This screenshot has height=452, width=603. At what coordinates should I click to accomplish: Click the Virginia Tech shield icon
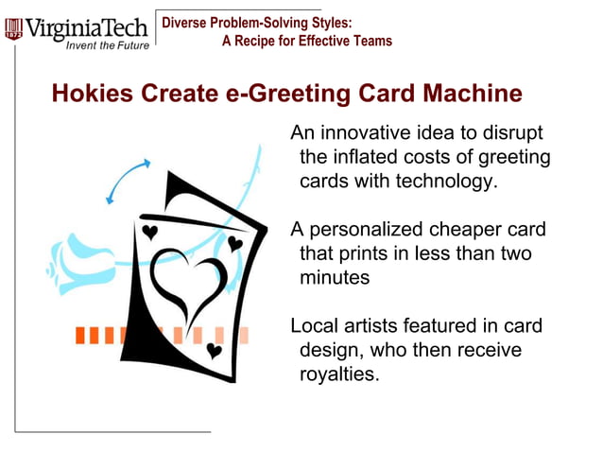coord(13,28)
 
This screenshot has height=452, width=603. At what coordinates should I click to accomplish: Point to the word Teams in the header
coord(370,41)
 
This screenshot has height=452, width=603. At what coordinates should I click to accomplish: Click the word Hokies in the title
coord(93,95)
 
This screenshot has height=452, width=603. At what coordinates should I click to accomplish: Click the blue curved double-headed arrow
coord(128,181)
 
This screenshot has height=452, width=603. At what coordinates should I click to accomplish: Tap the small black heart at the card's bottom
coord(215,351)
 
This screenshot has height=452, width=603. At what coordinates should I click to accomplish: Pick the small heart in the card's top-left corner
coord(149,231)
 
